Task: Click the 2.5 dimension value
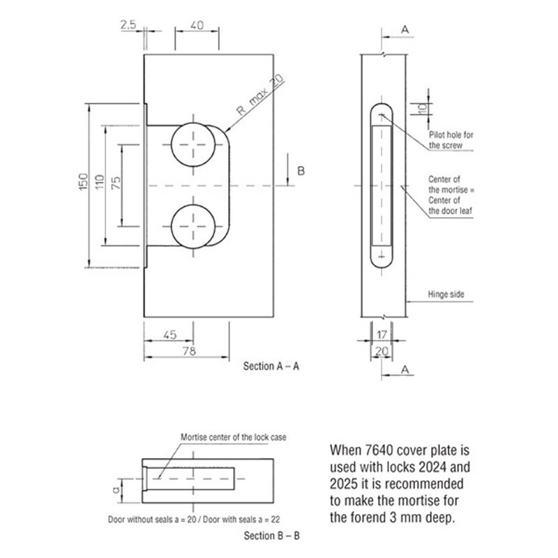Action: click(128, 24)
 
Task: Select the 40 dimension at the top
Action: click(197, 25)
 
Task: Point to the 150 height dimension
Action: click(83, 182)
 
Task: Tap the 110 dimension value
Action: click(100, 182)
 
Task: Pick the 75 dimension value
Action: click(116, 183)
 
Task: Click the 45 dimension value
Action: click(169, 335)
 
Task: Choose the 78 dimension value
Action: click(189, 352)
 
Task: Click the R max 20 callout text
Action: click(260, 94)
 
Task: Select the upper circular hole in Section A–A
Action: click(193, 144)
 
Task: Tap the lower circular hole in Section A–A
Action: click(193, 226)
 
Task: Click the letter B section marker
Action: click(301, 171)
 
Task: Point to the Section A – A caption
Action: click(271, 366)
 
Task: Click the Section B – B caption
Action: click(271, 536)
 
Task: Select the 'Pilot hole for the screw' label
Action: click(451, 140)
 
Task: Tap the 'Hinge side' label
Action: click(446, 294)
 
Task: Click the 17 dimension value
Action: click(382, 335)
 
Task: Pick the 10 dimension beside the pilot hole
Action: click(422, 109)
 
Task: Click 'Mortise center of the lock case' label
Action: click(234, 437)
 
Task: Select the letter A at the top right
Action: click(405, 30)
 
